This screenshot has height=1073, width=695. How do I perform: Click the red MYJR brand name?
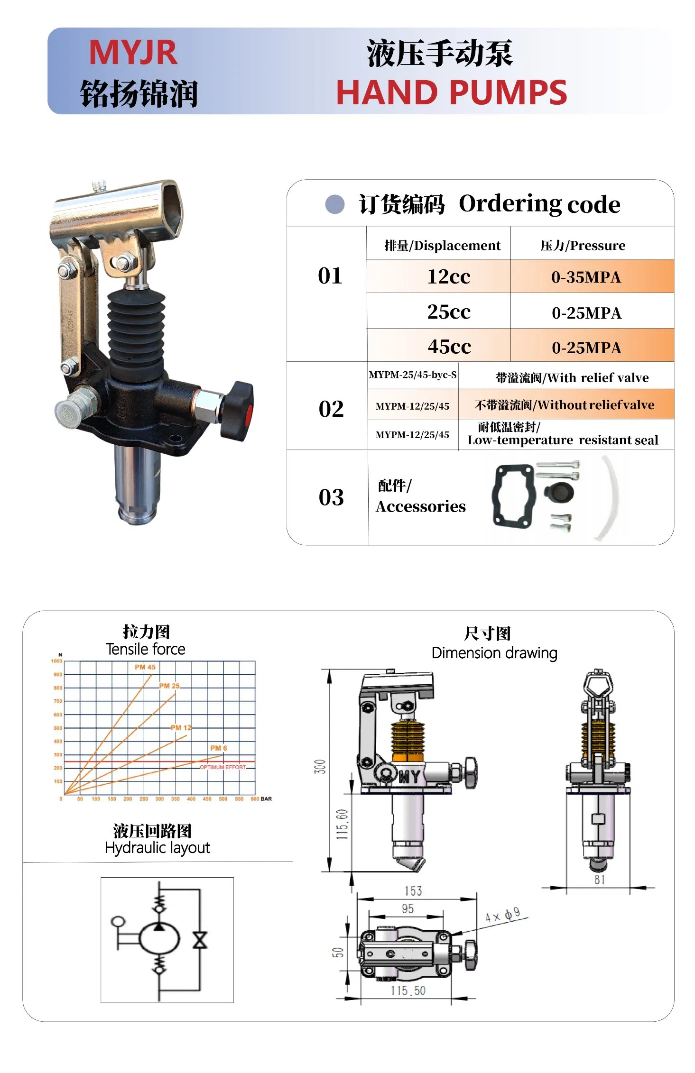click(x=133, y=53)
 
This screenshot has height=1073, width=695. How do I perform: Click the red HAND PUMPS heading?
click(x=451, y=92)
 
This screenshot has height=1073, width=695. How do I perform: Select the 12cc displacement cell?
click(x=448, y=276)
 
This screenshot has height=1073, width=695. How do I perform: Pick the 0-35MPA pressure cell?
click(x=586, y=277)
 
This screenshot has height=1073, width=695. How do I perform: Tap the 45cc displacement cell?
click(x=449, y=347)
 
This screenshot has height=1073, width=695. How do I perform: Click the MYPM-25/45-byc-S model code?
click(x=412, y=375)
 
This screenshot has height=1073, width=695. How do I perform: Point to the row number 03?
click(x=331, y=497)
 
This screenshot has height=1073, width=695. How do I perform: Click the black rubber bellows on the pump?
click(x=136, y=327)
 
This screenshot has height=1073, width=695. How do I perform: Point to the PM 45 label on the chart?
click(x=145, y=667)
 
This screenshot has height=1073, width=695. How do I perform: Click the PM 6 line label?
click(x=218, y=748)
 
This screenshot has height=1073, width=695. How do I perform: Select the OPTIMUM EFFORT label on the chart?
click(x=222, y=767)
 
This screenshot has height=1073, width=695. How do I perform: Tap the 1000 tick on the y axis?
click(x=56, y=661)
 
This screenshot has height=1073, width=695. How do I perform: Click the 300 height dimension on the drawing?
click(x=320, y=766)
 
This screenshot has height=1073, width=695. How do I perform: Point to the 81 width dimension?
click(x=599, y=880)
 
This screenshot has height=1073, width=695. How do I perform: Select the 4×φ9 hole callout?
click(x=502, y=915)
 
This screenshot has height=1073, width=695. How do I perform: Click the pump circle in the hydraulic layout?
click(x=159, y=938)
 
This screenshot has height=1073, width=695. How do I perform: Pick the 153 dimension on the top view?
click(x=413, y=891)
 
